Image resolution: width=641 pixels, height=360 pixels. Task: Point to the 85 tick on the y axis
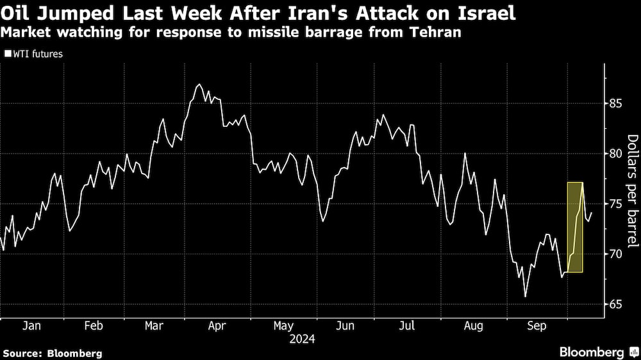point(616,103)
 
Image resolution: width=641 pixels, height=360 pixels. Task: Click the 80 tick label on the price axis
point(616,154)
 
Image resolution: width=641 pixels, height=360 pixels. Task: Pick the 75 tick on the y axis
point(616,204)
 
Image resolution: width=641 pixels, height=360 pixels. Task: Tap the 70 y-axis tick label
point(616,254)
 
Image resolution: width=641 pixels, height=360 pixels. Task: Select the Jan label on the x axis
point(31,326)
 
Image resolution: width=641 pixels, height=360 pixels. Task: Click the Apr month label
point(217,326)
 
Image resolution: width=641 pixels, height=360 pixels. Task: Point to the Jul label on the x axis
point(408,326)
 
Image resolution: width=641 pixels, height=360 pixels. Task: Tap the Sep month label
point(536,326)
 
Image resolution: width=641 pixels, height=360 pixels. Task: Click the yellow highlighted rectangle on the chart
point(575,227)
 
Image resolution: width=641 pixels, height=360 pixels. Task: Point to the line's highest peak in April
point(199,85)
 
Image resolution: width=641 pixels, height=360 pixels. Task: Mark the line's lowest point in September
point(526,297)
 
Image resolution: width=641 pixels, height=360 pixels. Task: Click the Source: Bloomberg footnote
point(53,353)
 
